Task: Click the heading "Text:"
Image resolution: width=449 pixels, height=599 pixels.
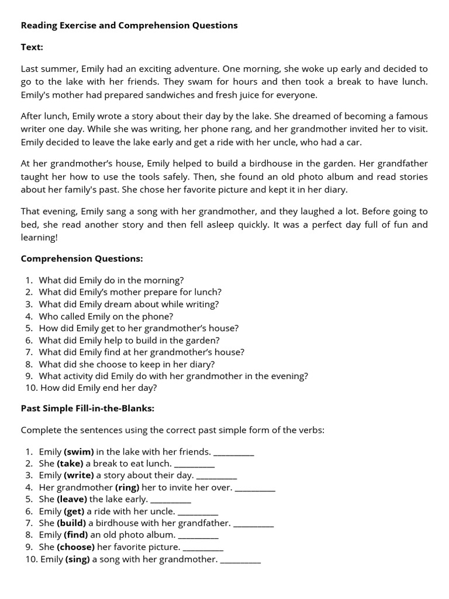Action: (32, 47)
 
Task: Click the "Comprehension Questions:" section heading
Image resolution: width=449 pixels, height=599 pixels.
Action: (82, 259)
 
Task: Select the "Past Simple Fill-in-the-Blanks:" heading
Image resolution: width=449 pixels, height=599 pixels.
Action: (88, 408)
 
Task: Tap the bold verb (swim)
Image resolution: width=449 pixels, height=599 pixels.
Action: (79, 452)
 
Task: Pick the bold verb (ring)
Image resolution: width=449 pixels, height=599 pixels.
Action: (127, 487)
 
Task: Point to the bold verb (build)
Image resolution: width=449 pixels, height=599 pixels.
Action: (71, 523)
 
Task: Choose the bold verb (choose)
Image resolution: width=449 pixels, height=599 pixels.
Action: (76, 547)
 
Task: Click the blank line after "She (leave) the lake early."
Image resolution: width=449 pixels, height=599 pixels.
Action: (171, 500)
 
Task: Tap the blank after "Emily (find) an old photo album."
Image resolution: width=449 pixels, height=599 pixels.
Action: (198, 535)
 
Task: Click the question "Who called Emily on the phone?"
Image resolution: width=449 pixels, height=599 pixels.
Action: (106, 316)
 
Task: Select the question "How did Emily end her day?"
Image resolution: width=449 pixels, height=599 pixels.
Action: (98, 387)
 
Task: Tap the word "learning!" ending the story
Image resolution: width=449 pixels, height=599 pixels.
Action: (40, 237)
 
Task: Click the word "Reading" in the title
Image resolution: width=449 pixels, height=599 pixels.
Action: (39, 26)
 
